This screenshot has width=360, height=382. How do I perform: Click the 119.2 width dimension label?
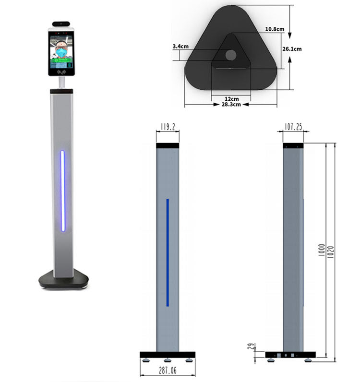[167, 127]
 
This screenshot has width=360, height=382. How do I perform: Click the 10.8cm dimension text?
[275, 29]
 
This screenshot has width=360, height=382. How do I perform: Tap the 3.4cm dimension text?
[180, 47]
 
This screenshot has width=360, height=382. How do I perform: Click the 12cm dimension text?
[230, 98]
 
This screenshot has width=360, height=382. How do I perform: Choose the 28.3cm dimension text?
[231, 105]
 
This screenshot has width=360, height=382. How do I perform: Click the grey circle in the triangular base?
[230, 55]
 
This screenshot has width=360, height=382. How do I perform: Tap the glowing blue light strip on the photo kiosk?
[62, 191]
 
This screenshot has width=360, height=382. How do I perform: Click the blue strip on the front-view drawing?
[168, 252]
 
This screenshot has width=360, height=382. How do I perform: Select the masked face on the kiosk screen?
[61, 50]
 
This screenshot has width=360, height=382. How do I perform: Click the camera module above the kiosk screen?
[61, 23]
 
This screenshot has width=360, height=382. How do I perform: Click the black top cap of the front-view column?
[168, 145]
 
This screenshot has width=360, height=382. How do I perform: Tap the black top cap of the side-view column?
[293, 145]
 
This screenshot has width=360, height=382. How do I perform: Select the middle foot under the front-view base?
[168, 360]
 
